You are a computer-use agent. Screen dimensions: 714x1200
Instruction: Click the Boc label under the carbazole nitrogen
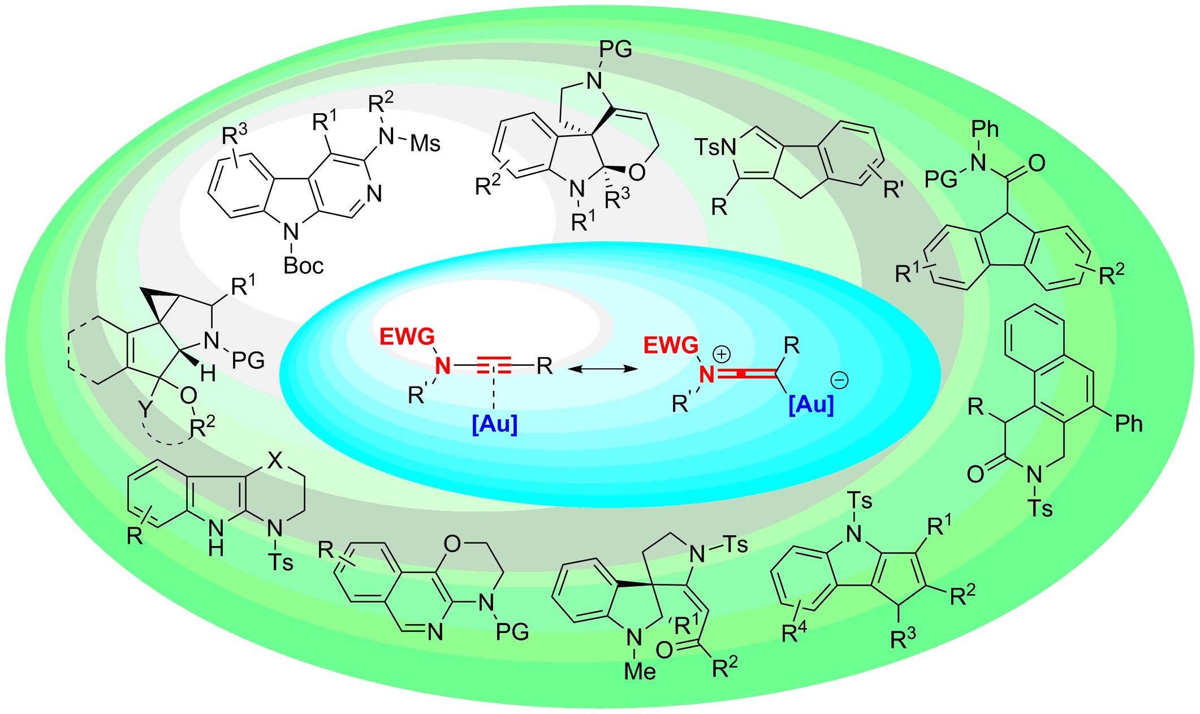(x=303, y=265)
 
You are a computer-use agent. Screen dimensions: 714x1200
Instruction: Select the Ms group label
(x=425, y=144)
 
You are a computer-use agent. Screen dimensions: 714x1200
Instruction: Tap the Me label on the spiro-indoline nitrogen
(x=640, y=672)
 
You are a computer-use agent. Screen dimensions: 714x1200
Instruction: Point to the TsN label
(x=715, y=148)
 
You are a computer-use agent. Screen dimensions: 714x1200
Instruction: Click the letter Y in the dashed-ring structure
(x=146, y=408)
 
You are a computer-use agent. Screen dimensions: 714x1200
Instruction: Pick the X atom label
(x=275, y=461)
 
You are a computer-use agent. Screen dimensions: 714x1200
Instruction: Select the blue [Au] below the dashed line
(x=494, y=423)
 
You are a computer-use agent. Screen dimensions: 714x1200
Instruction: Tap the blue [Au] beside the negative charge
(x=811, y=404)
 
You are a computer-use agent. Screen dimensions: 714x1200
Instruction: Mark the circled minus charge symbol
(x=839, y=380)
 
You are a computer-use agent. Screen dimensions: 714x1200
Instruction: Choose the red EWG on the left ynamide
(x=407, y=337)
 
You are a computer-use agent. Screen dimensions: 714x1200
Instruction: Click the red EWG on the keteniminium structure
(x=671, y=345)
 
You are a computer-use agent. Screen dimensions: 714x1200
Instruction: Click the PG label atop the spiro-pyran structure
(x=615, y=50)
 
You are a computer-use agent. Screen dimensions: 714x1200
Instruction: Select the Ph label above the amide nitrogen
(x=985, y=130)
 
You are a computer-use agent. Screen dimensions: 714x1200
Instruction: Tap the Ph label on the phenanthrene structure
(x=1128, y=423)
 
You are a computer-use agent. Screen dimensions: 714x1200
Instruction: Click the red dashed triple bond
(x=494, y=366)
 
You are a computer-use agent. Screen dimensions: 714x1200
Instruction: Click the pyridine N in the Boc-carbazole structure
(x=374, y=194)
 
